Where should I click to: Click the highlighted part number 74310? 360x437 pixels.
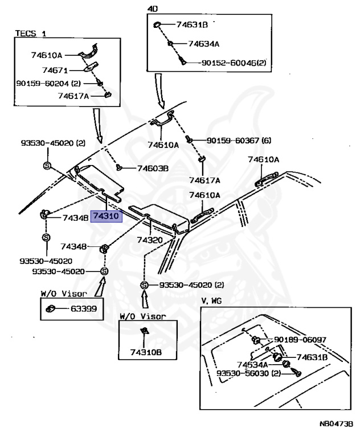(107, 217)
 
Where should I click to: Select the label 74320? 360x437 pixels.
(150, 240)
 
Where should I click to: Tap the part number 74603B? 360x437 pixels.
(153, 168)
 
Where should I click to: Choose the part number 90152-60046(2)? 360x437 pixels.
(233, 63)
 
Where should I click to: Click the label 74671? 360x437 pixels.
(55, 71)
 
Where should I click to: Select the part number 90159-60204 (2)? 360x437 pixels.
(51, 84)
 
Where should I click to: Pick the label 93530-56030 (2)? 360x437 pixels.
(249, 373)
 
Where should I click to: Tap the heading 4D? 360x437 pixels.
(153, 9)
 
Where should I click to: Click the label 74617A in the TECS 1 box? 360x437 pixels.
(73, 96)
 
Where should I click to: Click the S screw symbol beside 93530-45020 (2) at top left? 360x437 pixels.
(47, 165)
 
